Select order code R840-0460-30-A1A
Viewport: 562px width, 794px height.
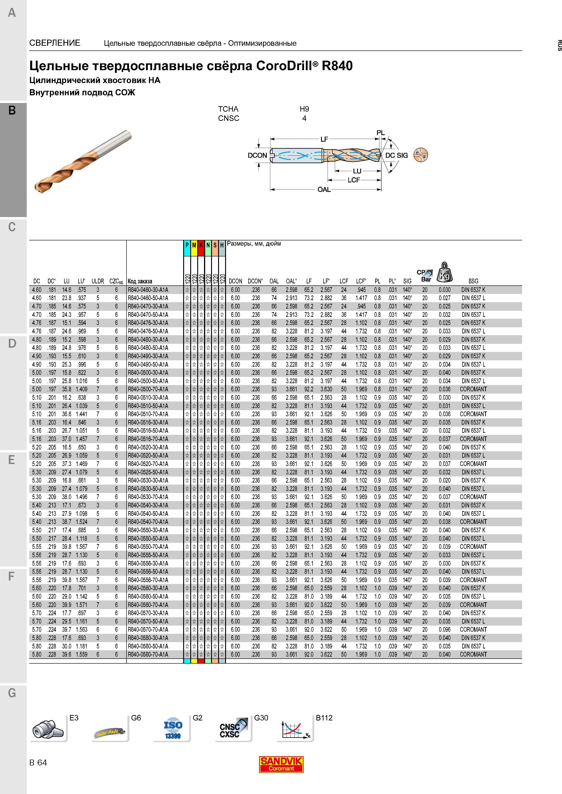148,290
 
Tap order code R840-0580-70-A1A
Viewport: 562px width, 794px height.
148,654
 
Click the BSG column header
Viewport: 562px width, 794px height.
473,281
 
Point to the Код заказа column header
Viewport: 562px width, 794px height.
140,281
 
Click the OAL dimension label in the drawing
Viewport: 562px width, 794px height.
324,189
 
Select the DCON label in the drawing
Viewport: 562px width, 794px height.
257,155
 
